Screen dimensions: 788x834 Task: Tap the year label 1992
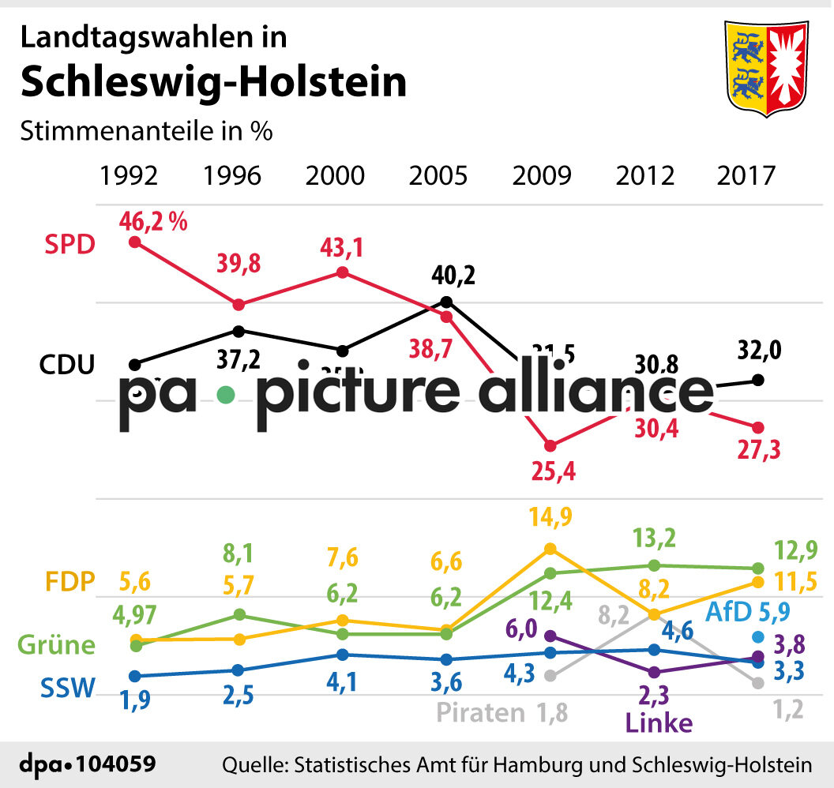click(129, 175)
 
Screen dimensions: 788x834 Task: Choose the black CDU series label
click(67, 365)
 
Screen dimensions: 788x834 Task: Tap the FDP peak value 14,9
click(551, 517)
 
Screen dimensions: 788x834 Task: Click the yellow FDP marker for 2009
click(550, 549)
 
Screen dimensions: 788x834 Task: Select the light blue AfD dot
click(758, 637)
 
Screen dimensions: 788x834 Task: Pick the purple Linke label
click(659, 723)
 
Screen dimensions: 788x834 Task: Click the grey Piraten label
click(482, 712)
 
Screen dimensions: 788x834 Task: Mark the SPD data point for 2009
click(550, 446)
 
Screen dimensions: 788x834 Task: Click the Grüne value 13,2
click(655, 538)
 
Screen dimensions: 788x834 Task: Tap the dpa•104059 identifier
click(86, 764)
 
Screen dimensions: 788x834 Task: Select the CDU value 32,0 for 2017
click(760, 349)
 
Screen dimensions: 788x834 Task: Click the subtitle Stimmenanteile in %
click(146, 131)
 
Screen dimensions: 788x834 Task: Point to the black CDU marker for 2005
click(445, 302)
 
